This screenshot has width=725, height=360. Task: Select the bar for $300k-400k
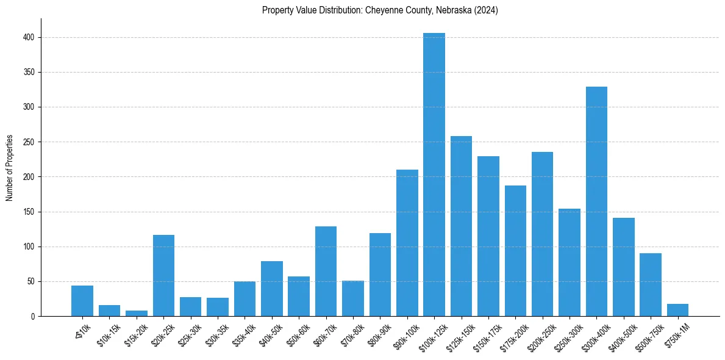596,201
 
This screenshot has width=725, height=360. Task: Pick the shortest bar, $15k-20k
137,314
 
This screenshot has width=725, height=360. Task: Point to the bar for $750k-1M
677,310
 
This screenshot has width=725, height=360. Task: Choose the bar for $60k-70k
326,272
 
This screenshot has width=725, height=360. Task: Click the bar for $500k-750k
651,284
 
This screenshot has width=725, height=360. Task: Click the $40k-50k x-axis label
270,333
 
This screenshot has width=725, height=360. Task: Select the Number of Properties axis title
10,167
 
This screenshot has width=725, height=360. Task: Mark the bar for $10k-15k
110,311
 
